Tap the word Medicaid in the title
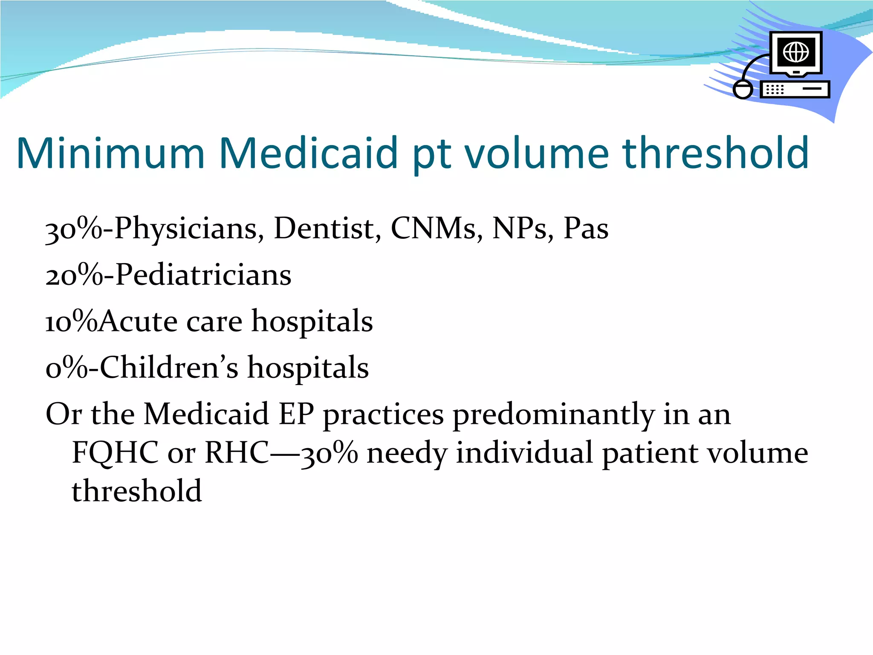tap(309, 154)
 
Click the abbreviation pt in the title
tap(431, 156)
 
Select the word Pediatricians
tap(203, 275)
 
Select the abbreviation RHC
tap(237, 453)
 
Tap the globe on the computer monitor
tap(796, 52)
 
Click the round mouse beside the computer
tap(743, 90)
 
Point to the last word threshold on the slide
tap(136, 491)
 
